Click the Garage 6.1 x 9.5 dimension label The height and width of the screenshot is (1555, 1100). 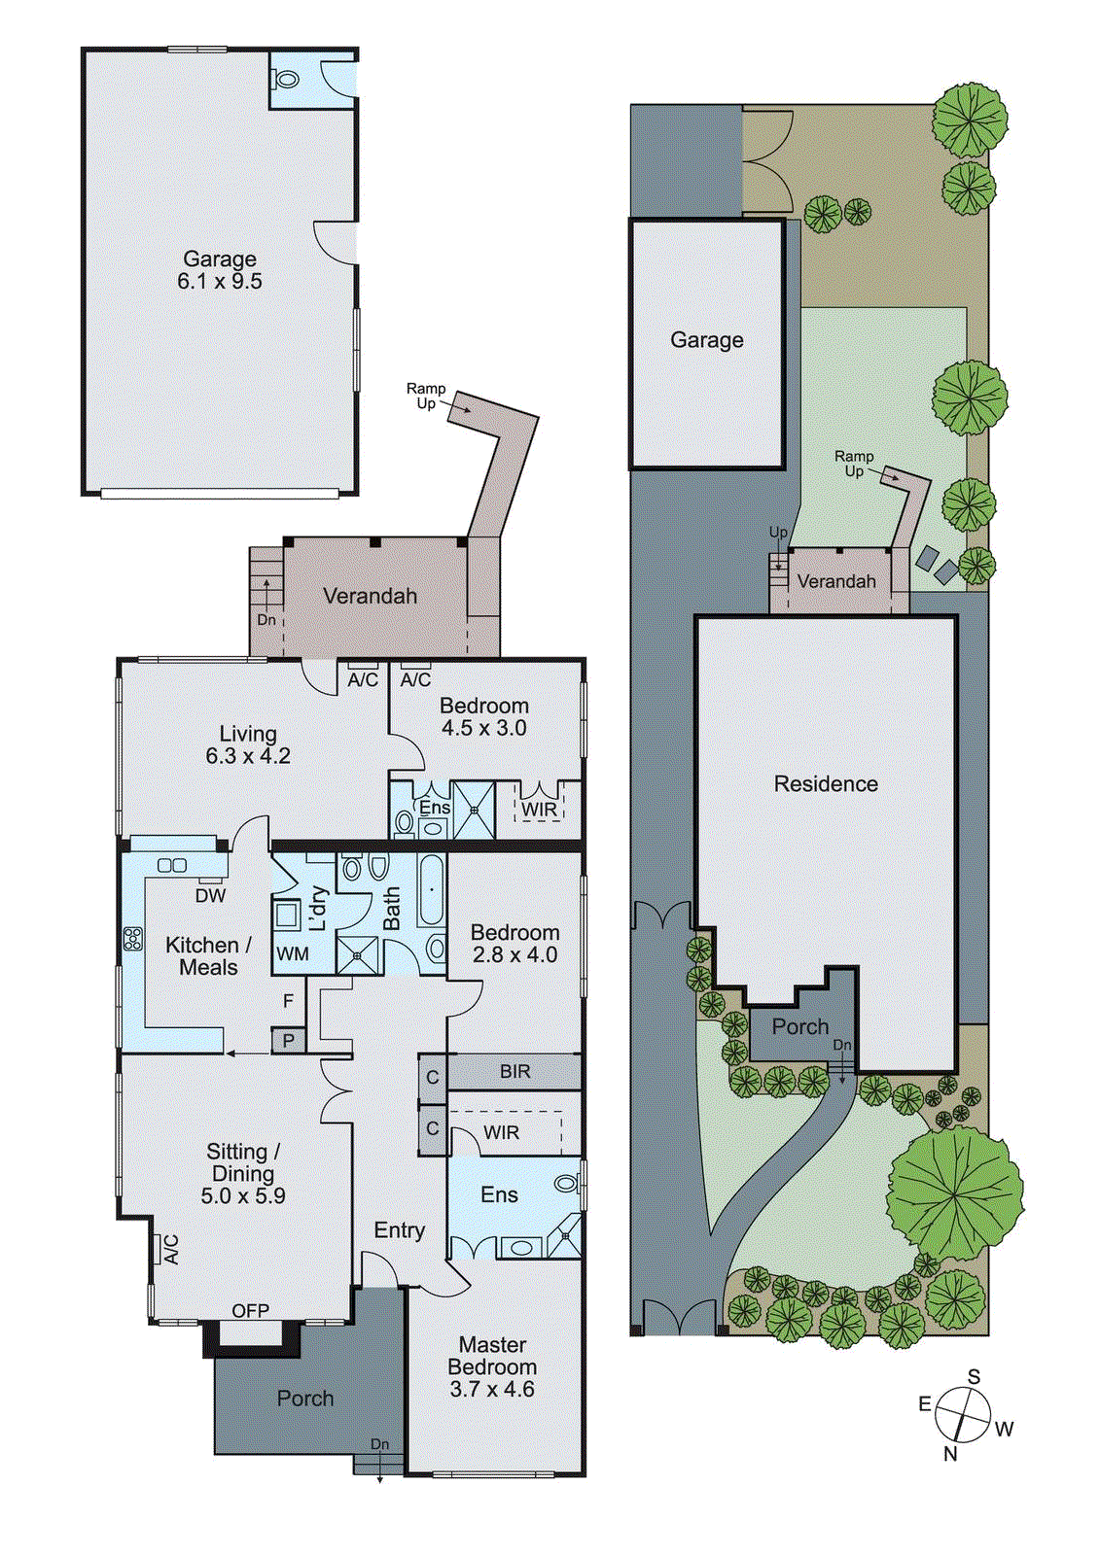pyautogui.click(x=220, y=270)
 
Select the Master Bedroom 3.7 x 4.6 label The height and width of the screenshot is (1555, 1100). pyautogui.click(x=492, y=1367)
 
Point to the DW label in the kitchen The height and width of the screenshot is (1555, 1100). pyautogui.click(x=210, y=896)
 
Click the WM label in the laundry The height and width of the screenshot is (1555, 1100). pyautogui.click(x=292, y=954)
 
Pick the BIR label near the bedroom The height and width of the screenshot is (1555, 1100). pyautogui.click(x=515, y=1071)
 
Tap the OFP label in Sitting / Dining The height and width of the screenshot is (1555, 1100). pyautogui.click(x=250, y=1311)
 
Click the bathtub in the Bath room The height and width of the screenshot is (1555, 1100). pyautogui.click(x=432, y=889)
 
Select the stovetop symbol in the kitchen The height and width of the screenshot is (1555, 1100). pyautogui.click(x=132, y=939)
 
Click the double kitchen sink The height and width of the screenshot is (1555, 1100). pyautogui.click(x=172, y=865)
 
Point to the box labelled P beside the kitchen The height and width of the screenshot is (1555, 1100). pyautogui.click(x=288, y=1041)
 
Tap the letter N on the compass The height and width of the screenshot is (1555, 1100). pyautogui.click(x=950, y=1454)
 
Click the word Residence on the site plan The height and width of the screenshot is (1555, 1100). pyautogui.click(x=826, y=784)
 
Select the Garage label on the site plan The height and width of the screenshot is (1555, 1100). pyautogui.click(x=707, y=340)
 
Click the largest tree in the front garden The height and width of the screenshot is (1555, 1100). pyautogui.click(x=955, y=1192)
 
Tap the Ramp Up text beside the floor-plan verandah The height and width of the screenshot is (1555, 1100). pyautogui.click(x=426, y=396)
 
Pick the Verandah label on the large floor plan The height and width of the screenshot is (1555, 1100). pyautogui.click(x=370, y=596)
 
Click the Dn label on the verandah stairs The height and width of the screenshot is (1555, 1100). pyautogui.click(x=266, y=620)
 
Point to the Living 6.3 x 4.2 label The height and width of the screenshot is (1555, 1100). pyautogui.click(x=248, y=744)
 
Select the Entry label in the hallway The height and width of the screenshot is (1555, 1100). pyautogui.click(x=399, y=1230)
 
